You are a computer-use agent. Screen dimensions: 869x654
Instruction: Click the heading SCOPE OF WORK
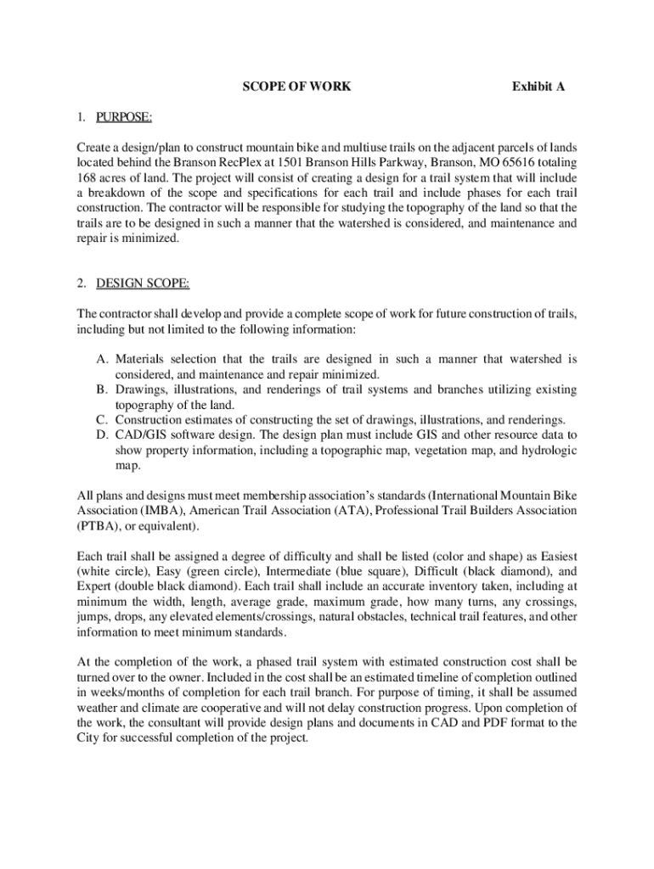pyautogui.click(x=296, y=87)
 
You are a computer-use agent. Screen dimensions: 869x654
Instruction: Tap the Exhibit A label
pyautogui.click(x=538, y=87)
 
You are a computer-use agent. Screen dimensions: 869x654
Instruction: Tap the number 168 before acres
pyautogui.click(x=87, y=178)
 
